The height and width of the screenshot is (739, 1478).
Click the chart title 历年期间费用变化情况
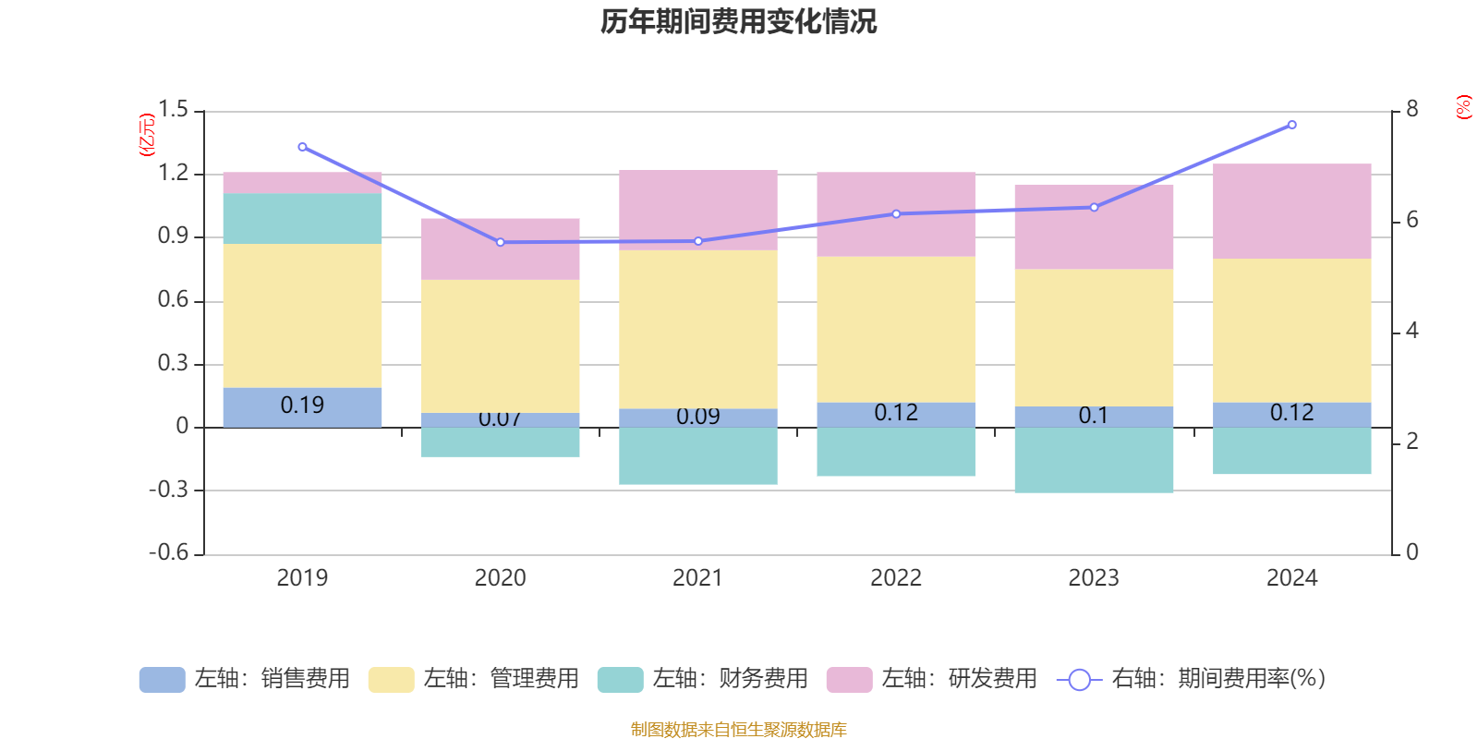tap(738, 21)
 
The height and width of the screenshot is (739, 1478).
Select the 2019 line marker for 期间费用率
tap(302, 147)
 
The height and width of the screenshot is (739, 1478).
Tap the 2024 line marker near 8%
tap(1291, 125)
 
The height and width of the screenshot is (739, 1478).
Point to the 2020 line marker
tap(501, 242)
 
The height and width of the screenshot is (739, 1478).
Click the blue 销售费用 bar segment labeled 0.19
tap(302, 406)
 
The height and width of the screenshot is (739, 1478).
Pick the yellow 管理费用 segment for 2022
tap(896, 329)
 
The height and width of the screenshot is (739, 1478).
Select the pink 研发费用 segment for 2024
tap(1291, 211)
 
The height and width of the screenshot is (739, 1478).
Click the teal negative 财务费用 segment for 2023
tap(1094, 460)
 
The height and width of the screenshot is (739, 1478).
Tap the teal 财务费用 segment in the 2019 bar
tap(302, 218)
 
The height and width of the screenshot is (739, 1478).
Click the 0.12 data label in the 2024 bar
tap(1291, 413)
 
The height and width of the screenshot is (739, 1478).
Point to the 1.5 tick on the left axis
tap(173, 110)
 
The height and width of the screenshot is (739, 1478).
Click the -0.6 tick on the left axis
tap(169, 552)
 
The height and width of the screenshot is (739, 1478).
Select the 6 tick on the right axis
tap(1411, 220)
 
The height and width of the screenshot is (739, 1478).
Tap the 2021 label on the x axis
tap(697, 578)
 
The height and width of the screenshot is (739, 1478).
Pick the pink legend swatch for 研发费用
tap(849, 680)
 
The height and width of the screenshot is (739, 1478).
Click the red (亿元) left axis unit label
tap(146, 135)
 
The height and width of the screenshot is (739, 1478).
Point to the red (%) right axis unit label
tap(1463, 107)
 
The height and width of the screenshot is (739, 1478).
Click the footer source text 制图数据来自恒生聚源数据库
tap(738, 730)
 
